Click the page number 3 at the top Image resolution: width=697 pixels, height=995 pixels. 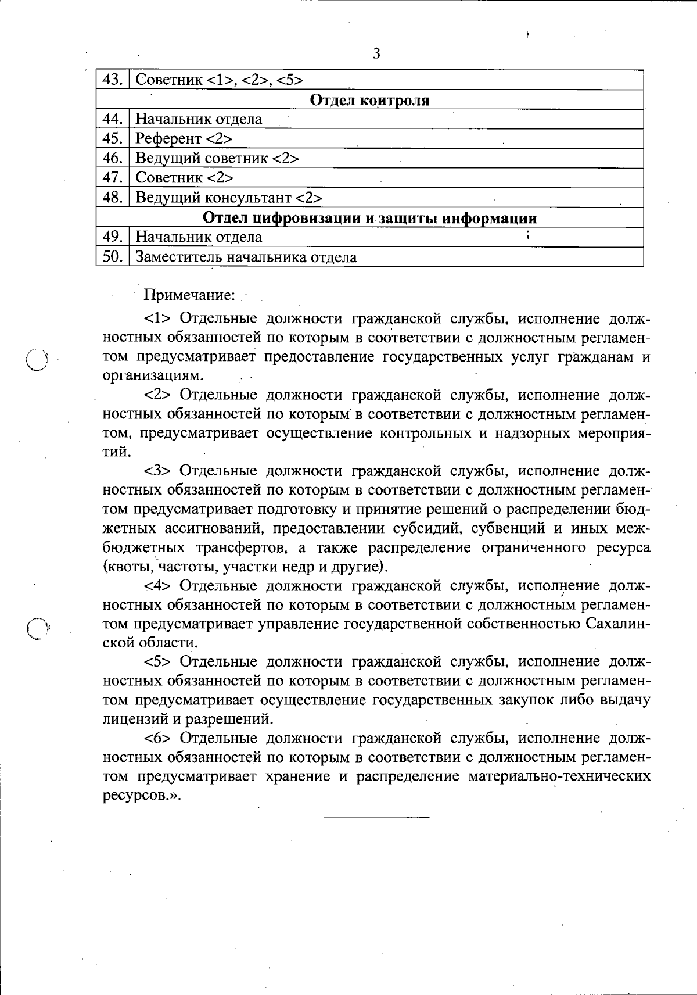pos(376,55)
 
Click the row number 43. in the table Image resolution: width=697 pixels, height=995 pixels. pos(112,80)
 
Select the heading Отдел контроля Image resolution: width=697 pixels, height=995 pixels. pos(370,100)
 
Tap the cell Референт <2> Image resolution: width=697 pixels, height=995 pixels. pos(184,139)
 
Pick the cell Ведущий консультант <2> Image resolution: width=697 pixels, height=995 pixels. pos(228,198)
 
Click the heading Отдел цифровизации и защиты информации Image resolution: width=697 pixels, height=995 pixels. pos(370,218)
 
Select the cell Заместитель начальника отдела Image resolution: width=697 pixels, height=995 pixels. pos(246,257)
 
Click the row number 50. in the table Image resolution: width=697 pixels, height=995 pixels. pos(112,256)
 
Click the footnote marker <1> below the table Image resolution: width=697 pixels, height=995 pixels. pos(157,319)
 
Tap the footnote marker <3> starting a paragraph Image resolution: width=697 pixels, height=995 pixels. pos(157,471)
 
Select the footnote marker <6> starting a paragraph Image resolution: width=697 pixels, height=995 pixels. pos(157,738)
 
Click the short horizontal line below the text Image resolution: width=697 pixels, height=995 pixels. pos(376,818)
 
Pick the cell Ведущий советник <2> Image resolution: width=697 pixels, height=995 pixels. pos(217,158)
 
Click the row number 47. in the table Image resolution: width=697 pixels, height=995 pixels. pos(112,177)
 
